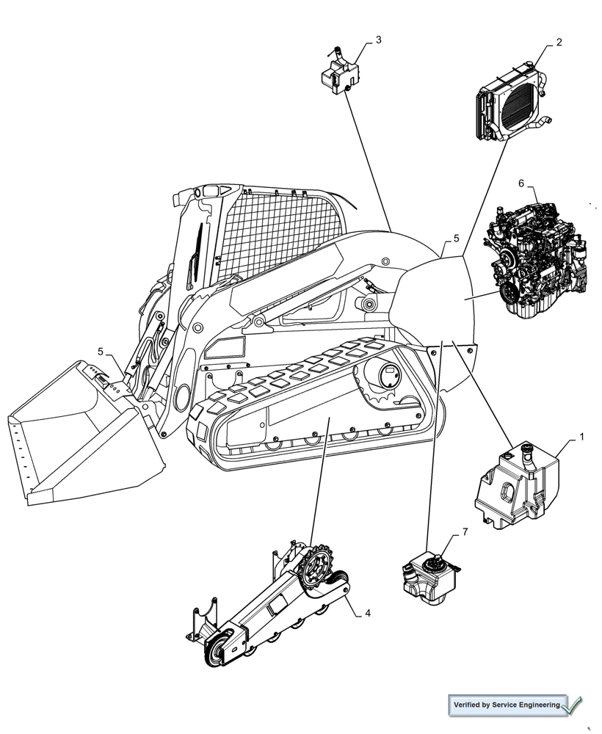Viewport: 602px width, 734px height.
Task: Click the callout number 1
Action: point(581,437)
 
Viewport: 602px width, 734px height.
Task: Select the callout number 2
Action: point(559,43)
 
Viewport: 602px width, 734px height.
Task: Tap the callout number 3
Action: point(378,40)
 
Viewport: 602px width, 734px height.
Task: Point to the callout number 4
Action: point(368,613)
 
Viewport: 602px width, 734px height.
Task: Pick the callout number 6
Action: point(521,183)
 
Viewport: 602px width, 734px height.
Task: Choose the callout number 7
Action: point(464,531)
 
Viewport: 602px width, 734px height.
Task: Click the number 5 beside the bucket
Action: point(101,351)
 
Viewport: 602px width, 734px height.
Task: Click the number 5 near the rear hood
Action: point(456,239)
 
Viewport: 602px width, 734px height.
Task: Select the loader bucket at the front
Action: point(81,433)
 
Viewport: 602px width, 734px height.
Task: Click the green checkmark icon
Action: point(574,705)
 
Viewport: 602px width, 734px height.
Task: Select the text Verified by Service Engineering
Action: point(507,705)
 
